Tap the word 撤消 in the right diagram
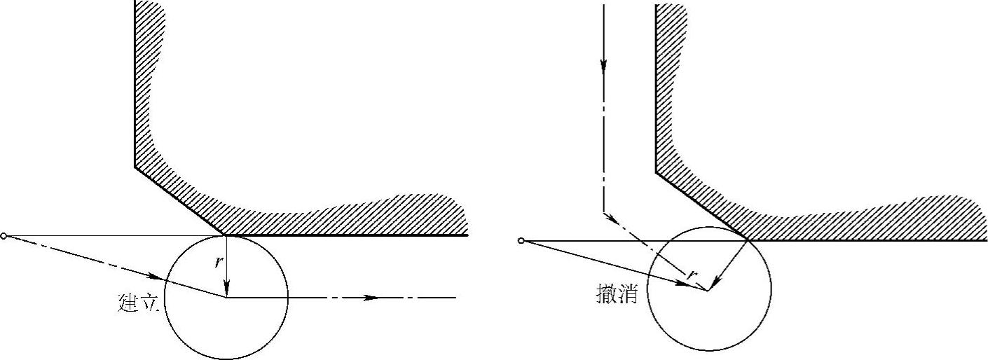[x=616, y=293]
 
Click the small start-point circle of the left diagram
[x=4, y=236]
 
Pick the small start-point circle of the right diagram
[x=521, y=241]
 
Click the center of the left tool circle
[x=226, y=297]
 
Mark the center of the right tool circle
[x=708, y=289]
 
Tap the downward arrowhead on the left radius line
[x=226, y=289]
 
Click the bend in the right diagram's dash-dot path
[x=603, y=212]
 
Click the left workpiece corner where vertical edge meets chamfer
[x=135, y=166]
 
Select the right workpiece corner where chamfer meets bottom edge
[x=749, y=240]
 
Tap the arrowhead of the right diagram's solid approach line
[x=680, y=282]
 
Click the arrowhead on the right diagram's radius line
[x=713, y=284]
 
